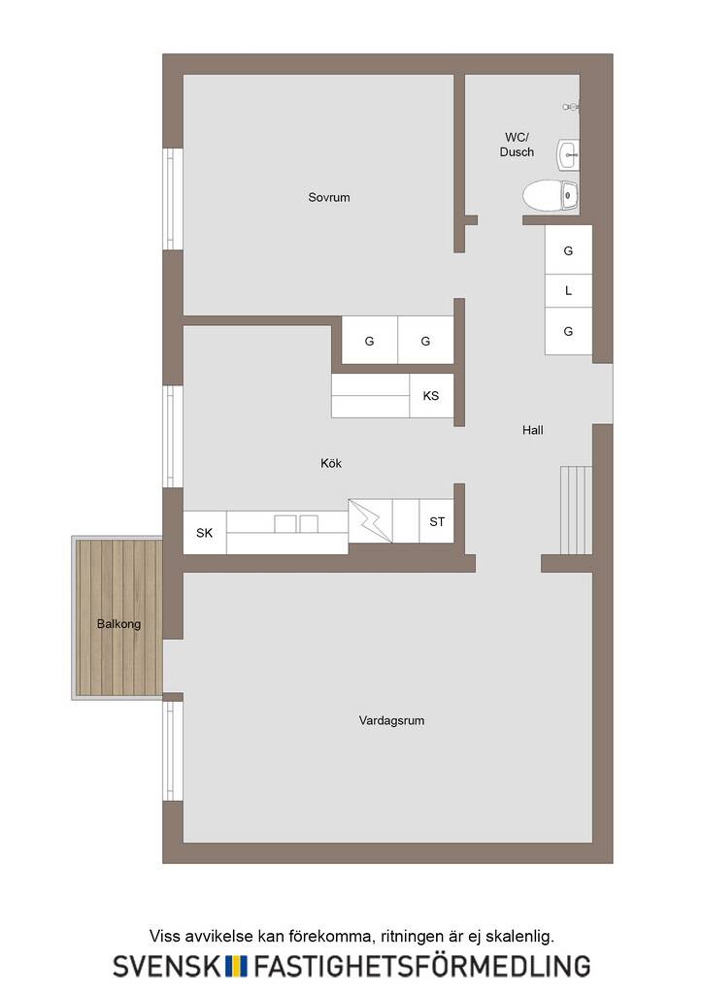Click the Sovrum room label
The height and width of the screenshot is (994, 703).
(328, 197)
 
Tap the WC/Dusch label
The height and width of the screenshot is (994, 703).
(517, 145)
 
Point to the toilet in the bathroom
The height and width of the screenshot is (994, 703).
(551, 195)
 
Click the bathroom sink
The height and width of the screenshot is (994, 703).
(567, 154)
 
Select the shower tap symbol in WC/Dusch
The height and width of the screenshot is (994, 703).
(571, 107)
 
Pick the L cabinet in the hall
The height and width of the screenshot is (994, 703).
(568, 291)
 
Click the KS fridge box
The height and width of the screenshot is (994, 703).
(431, 396)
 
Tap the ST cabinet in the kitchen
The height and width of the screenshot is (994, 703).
(436, 521)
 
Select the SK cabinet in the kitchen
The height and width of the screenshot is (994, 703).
(205, 533)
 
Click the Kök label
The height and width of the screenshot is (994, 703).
(331, 463)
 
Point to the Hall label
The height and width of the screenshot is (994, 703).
(532, 430)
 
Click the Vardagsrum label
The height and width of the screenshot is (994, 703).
(391, 720)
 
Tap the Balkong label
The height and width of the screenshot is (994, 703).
(118, 624)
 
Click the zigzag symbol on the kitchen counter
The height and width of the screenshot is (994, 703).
(370, 520)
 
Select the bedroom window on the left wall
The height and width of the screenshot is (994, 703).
(173, 199)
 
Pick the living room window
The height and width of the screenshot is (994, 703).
(173, 751)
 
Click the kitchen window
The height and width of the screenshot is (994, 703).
(173, 436)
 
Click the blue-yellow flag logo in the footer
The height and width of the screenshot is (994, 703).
(237, 966)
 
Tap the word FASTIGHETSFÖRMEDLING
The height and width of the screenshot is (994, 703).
(422, 965)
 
